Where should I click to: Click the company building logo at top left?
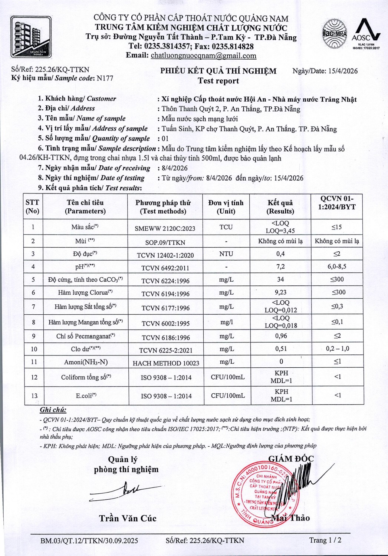click(x=31, y=37)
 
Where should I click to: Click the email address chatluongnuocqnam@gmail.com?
click(x=203, y=56)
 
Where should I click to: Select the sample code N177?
click(x=105, y=78)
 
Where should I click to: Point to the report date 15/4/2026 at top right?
click(x=343, y=71)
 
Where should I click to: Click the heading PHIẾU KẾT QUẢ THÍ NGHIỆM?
click(x=218, y=71)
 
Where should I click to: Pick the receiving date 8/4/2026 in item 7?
click(x=174, y=168)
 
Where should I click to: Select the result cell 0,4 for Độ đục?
click(x=280, y=254)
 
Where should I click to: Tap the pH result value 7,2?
click(x=280, y=267)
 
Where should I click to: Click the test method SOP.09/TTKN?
click(x=165, y=242)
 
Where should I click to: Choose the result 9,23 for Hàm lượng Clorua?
click(x=280, y=292)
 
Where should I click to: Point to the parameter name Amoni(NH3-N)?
click(x=86, y=362)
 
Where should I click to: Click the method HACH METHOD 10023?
click(x=166, y=363)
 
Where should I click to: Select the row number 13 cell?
click(x=34, y=396)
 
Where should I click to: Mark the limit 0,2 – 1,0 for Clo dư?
click(x=337, y=349)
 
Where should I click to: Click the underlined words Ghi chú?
click(x=53, y=410)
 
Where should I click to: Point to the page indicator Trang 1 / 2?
click(x=325, y=540)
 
